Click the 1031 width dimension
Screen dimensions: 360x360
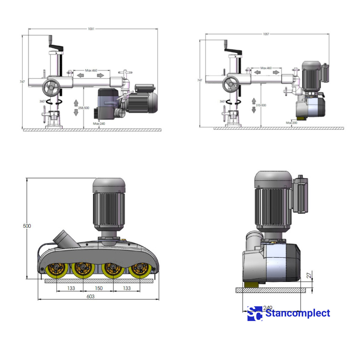(91, 29)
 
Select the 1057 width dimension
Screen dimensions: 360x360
(266, 34)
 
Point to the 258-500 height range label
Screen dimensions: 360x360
(84, 108)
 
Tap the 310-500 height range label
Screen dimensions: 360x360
(261, 105)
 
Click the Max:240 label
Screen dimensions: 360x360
(99, 124)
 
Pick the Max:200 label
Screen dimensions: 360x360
(292, 123)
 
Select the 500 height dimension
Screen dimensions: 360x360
(27, 226)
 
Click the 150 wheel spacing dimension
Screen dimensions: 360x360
(99, 288)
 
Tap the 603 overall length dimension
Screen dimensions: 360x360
(90, 296)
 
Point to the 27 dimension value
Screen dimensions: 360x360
(309, 275)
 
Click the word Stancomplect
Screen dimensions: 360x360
(298, 313)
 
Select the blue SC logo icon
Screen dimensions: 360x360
(255, 314)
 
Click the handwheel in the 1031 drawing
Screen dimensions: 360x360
(50, 88)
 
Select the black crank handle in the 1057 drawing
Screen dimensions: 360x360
(234, 52)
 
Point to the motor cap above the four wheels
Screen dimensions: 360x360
(109, 185)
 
